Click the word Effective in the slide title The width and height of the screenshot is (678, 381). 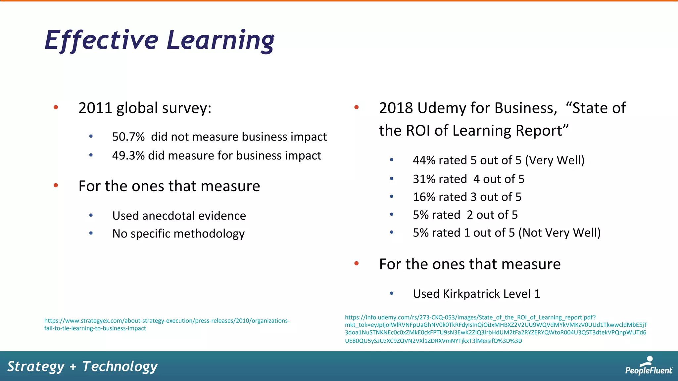[102, 40]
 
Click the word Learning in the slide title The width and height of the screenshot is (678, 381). [220, 40]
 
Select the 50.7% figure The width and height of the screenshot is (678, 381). [128, 137]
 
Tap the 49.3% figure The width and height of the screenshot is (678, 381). [128, 156]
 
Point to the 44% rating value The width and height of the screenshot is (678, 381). [424, 160]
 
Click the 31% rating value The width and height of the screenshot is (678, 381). [424, 179]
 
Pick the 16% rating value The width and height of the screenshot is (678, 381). [424, 197]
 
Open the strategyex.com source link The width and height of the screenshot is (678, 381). [167, 324]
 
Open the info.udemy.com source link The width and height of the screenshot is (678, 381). [496, 329]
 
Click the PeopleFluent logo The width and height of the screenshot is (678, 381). [649, 366]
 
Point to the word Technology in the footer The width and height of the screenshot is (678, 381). [120, 366]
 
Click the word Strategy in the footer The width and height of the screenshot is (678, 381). [36, 366]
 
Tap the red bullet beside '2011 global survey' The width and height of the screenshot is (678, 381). [56, 107]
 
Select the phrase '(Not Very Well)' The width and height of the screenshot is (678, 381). [559, 233]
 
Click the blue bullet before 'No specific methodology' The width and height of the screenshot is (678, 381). [91, 233]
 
